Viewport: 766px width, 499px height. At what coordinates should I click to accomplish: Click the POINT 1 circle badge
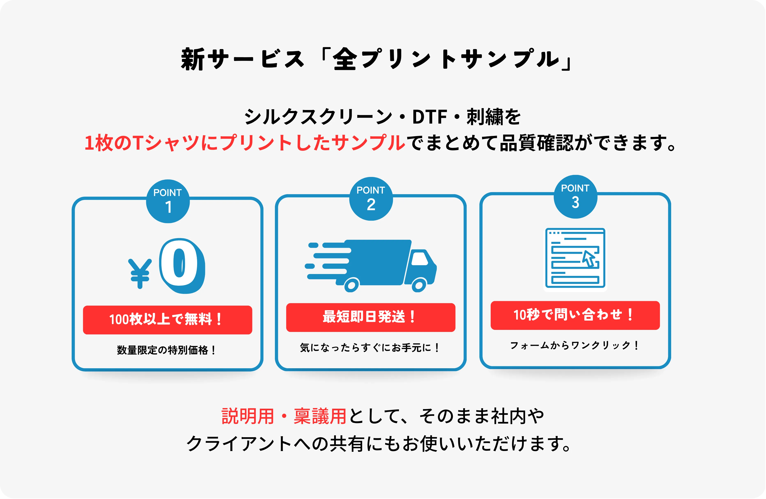tap(168, 201)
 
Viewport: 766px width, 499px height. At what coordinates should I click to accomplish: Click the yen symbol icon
tap(140, 273)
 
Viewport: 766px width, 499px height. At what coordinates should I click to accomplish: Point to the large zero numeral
tap(182, 266)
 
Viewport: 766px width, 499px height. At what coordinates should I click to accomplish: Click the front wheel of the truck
tap(419, 285)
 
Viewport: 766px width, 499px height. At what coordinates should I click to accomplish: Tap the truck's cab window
tap(420, 259)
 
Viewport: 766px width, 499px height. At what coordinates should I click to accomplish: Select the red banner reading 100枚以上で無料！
tap(167, 320)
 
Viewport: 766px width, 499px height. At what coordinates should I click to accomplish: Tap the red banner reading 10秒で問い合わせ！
tap(575, 315)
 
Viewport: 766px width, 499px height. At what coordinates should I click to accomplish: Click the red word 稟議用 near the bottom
tap(320, 416)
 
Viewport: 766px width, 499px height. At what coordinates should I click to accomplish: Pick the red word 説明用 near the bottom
tap(248, 416)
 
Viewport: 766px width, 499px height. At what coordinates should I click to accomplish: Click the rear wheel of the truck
tap(352, 285)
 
